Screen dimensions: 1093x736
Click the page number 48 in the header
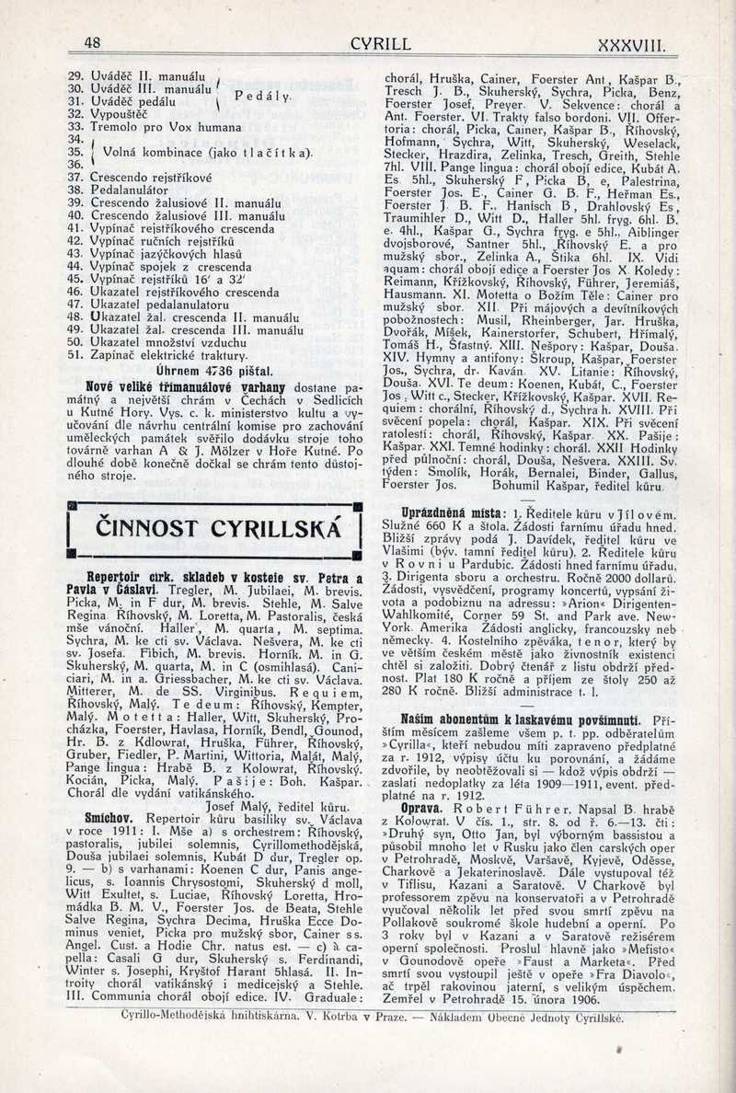click(91, 43)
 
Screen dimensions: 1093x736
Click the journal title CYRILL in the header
click(380, 43)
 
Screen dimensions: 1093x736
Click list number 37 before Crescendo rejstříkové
click(76, 175)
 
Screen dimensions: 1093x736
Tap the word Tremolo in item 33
click(114, 126)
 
